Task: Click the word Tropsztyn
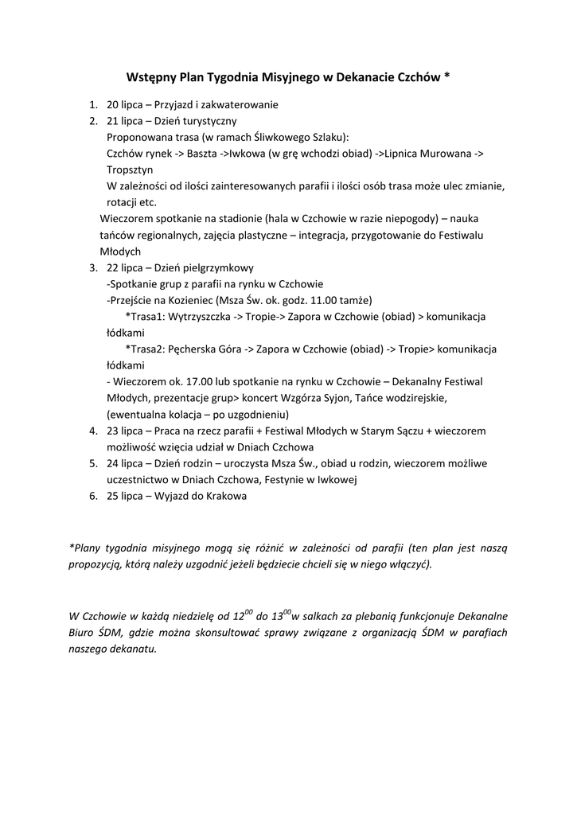(x=130, y=170)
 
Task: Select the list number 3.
(x=92, y=267)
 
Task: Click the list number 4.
(x=92, y=431)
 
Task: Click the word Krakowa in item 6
(x=227, y=496)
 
